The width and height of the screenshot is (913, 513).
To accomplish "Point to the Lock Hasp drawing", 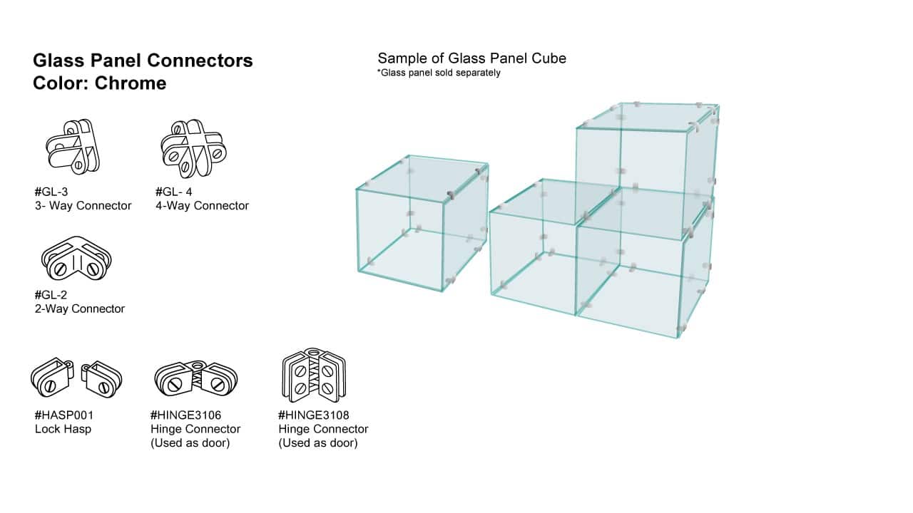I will coord(76,378).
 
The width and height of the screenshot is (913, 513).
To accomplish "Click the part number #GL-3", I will coord(51,192).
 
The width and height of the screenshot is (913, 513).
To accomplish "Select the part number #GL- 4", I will coord(173,192).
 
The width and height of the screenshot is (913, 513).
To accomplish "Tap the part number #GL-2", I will coord(51,295).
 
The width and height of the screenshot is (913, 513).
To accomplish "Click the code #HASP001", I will coord(64,415).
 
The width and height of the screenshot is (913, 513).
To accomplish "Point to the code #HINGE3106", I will coord(186,415).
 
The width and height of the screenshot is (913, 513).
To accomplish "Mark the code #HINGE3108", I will coord(314,415).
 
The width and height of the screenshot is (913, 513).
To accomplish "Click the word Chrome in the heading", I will coord(131,83).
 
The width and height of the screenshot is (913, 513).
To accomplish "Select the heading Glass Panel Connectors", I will coord(143,61).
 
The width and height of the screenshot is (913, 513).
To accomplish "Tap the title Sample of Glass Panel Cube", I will coord(471,58).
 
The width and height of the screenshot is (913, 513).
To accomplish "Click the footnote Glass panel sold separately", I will coord(439,73).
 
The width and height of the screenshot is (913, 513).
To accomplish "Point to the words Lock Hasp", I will coord(63,429).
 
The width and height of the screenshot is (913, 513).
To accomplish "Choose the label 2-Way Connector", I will coord(79,309).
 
